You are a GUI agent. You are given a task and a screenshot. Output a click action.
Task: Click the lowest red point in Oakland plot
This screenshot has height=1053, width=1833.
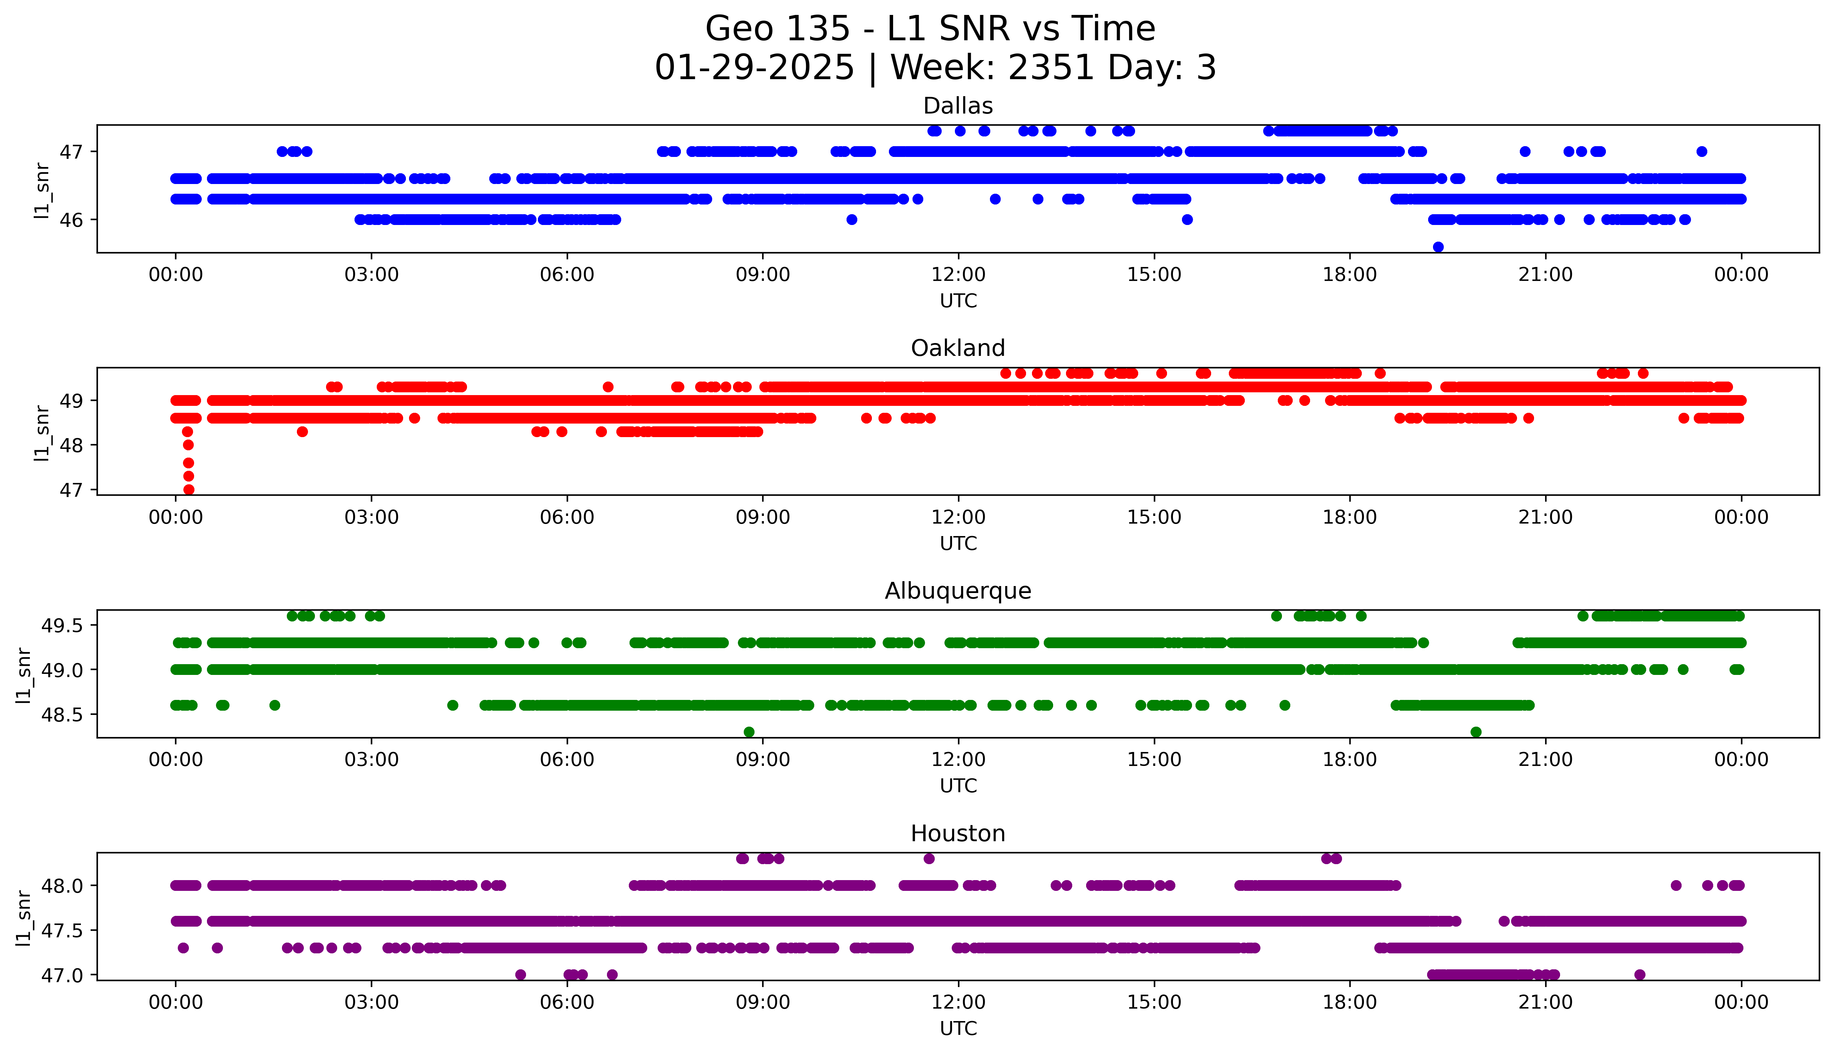coord(189,490)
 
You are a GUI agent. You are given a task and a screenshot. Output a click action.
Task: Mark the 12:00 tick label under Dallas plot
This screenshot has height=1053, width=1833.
coord(958,275)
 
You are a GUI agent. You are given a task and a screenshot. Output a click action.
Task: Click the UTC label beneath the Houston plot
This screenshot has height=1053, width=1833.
coord(958,1028)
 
